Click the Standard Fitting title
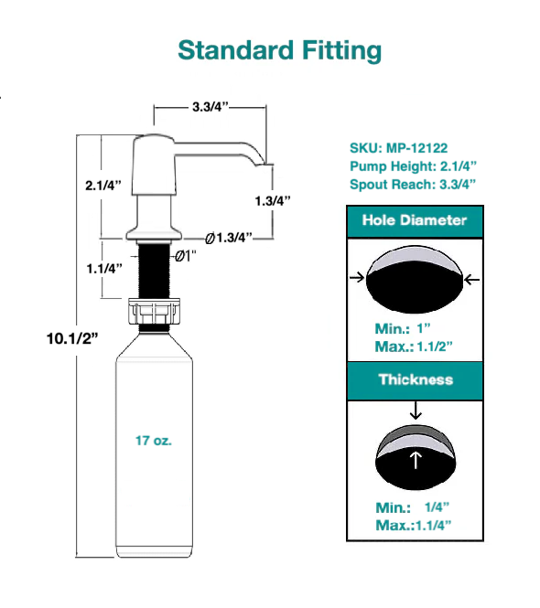point(279,49)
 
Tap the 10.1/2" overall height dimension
point(72,337)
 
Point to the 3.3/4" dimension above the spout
point(211,107)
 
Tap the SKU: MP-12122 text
point(398,148)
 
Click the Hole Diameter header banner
point(414,220)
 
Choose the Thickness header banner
point(415,379)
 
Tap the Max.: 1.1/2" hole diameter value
point(413,347)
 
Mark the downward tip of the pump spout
point(265,164)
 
